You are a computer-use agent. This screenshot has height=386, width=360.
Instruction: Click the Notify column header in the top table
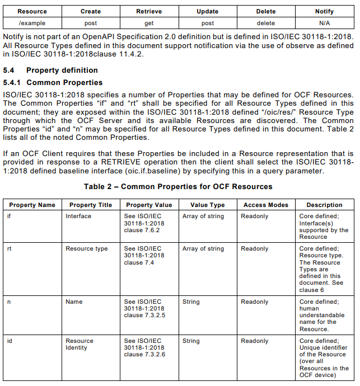[324, 11]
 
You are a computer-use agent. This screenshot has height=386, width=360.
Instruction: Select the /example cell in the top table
[32, 23]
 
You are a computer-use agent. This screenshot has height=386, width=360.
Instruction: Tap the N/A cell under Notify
[324, 23]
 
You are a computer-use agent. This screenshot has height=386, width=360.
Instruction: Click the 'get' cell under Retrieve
[149, 23]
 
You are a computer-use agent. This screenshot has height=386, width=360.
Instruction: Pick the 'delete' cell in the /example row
[265, 23]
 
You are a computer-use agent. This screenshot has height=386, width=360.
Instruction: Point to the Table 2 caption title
[179, 186]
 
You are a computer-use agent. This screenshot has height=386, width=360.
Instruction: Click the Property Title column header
[91, 205]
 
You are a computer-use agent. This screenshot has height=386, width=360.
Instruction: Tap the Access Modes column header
[266, 205]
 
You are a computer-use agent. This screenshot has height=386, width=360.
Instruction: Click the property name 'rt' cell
[10, 249]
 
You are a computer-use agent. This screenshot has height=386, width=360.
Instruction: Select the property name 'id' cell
[10, 341]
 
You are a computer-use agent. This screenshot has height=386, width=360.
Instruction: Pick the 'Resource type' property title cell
[86, 249]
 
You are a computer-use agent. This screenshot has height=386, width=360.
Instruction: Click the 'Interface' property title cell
[78, 216]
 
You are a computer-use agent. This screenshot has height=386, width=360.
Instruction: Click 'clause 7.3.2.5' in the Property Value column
[144, 315]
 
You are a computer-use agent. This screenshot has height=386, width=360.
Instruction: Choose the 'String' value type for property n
[191, 302]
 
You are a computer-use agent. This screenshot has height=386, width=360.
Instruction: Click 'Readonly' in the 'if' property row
[255, 216]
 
